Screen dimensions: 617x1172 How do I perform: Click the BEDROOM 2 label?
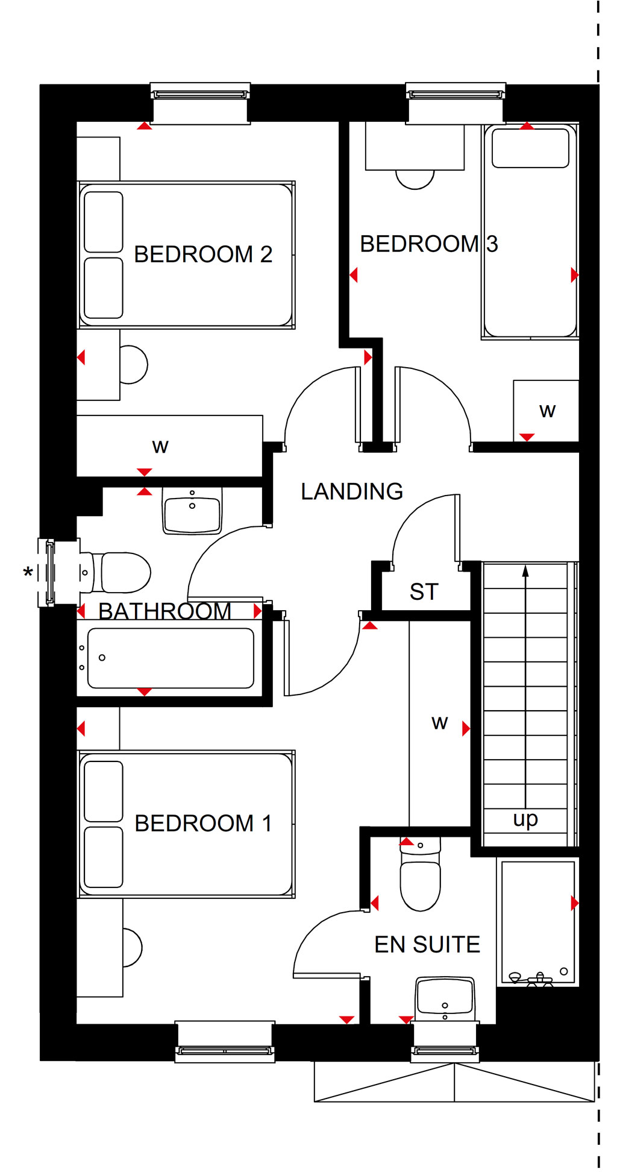[203, 254]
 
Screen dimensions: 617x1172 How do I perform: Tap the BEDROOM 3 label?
[428, 244]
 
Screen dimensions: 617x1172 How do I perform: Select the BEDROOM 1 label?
[203, 824]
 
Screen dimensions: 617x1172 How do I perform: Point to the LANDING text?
[352, 491]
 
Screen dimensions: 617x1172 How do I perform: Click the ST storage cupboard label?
[424, 592]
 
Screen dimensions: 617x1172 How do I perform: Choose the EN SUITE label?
[427, 945]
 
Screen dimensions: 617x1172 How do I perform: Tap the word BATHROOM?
[164, 611]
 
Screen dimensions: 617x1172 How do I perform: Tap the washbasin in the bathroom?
[192, 511]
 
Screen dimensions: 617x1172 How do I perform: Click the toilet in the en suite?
[421, 874]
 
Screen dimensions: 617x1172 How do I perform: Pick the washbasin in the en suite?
[445, 999]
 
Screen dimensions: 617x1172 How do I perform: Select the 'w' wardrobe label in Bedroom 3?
[547, 411]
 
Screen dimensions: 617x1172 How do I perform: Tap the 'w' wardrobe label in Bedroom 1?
[440, 723]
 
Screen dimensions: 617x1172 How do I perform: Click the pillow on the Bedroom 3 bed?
[531, 148]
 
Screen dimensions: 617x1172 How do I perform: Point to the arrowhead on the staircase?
[525, 570]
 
